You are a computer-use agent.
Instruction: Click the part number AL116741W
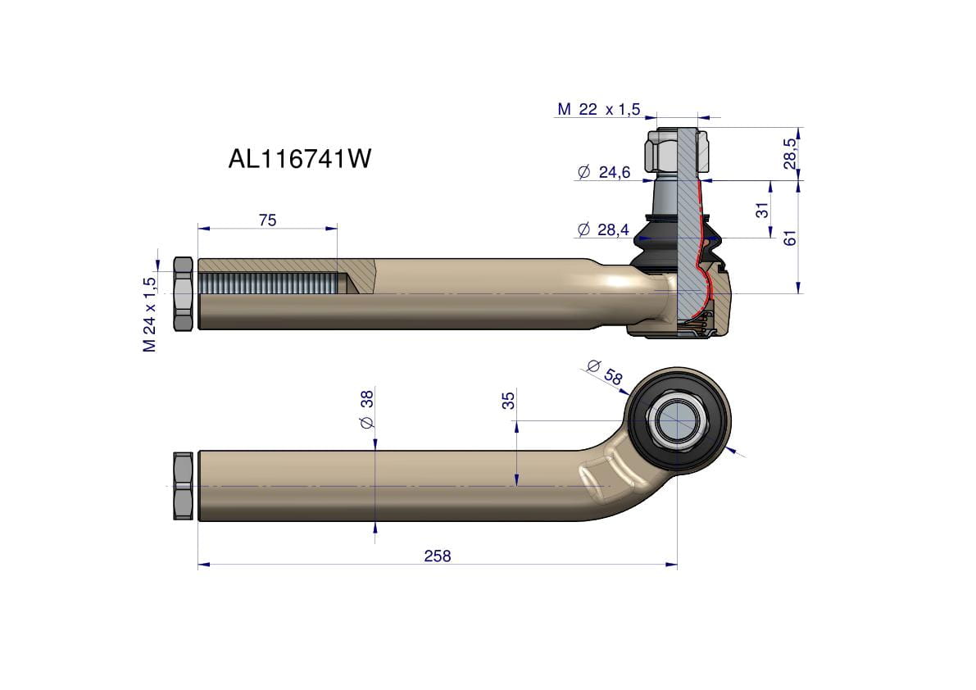(x=299, y=159)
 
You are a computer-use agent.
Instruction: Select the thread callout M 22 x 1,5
(x=598, y=110)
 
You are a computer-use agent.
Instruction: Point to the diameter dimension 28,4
(x=603, y=230)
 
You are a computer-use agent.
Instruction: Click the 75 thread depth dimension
(x=267, y=220)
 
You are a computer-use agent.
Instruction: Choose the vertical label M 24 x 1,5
(x=150, y=315)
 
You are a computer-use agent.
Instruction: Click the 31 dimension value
(x=762, y=211)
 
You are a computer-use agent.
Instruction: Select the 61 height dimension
(x=790, y=238)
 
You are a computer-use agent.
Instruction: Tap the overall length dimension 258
(x=437, y=556)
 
